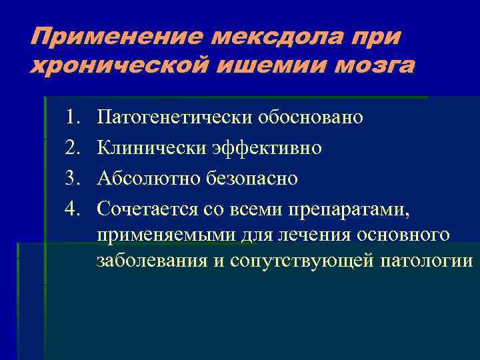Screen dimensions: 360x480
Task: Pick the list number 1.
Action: coord(72,118)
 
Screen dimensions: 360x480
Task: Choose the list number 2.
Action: coord(72,148)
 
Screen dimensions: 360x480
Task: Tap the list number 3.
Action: coord(72,179)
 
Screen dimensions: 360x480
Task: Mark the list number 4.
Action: coord(72,209)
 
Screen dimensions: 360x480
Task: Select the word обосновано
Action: coord(314,118)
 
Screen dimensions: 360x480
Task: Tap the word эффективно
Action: coord(269,148)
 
